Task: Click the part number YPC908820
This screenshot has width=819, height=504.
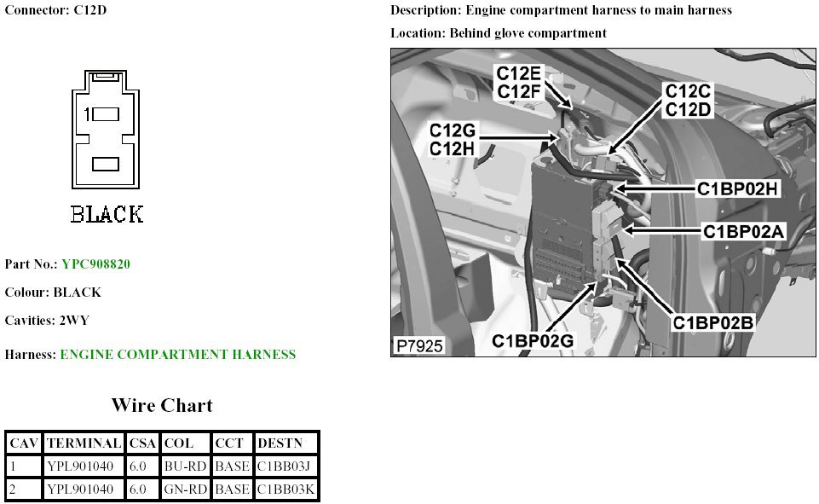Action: (95, 264)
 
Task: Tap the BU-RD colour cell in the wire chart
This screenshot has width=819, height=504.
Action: (186, 466)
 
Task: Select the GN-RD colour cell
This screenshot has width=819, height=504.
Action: (186, 490)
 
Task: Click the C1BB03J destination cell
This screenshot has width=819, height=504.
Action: (285, 466)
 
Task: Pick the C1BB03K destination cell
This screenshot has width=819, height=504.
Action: (286, 490)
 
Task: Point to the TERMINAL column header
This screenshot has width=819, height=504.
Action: (84, 443)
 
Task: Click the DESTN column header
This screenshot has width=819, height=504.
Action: (279, 443)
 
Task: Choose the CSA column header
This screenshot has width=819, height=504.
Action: (142, 443)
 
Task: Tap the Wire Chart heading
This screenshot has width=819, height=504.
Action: (162, 405)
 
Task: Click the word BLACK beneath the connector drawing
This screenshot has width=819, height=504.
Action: (107, 213)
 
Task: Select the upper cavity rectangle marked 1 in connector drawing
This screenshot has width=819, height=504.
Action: (105, 114)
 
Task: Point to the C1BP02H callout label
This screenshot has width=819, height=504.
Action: (737, 189)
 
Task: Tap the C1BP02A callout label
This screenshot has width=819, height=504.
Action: (743, 230)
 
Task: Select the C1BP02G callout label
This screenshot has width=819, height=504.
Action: (534, 340)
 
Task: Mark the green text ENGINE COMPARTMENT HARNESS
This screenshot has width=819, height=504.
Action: (178, 355)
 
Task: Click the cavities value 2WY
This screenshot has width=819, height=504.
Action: (73, 321)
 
